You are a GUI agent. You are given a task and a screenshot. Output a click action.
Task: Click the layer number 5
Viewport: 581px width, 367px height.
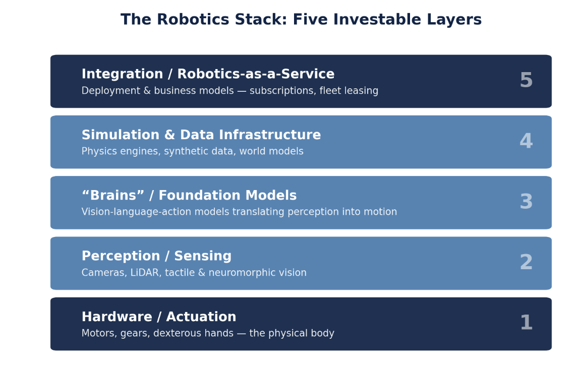click(526, 80)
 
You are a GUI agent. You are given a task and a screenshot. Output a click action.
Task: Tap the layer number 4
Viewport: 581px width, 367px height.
click(526, 141)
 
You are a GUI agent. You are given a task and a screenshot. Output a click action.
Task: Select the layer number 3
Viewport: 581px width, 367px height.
click(526, 202)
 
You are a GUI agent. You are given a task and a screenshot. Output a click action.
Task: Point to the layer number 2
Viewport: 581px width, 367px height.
click(526, 262)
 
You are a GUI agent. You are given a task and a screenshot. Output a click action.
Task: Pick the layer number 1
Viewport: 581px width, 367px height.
click(527, 323)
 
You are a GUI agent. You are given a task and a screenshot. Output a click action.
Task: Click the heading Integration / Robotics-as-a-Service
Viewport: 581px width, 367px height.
click(208, 74)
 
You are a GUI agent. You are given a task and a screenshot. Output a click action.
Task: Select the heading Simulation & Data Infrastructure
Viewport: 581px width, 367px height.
click(201, 135)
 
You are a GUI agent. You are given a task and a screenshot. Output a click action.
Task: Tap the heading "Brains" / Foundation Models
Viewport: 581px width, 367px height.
click(189, 195)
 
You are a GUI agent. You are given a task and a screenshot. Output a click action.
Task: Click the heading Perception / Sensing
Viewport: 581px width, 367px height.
click(156, 256)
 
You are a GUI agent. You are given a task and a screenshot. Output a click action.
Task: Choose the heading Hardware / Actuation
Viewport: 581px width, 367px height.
click(159, 317)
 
